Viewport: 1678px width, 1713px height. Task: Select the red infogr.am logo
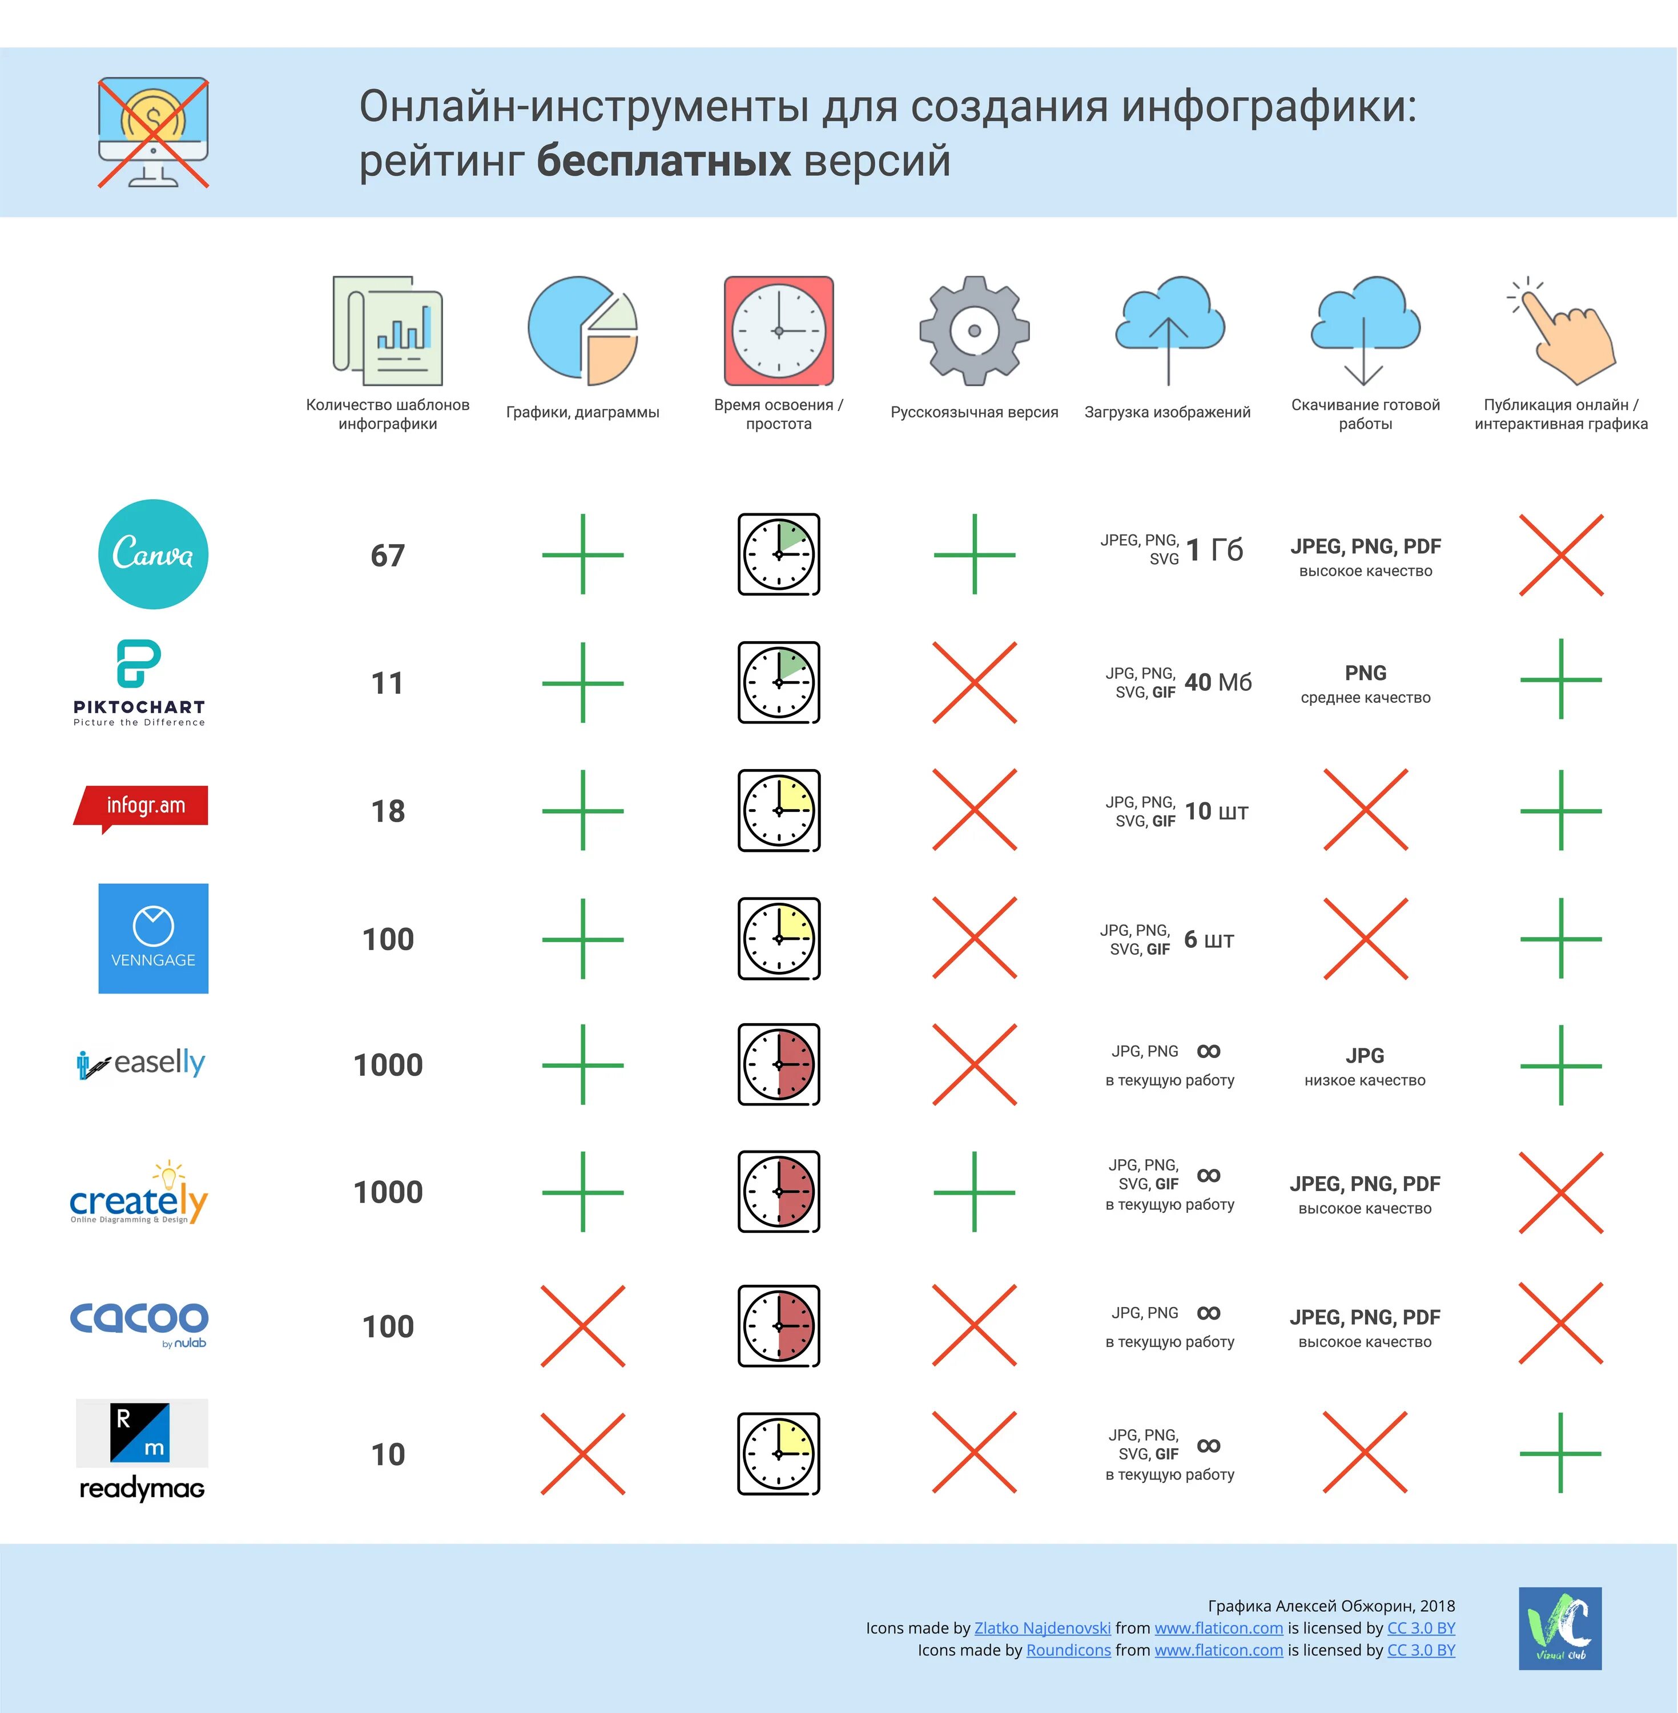142,806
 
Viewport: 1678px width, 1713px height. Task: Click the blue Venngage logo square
154,939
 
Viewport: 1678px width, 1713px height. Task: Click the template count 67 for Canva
388,555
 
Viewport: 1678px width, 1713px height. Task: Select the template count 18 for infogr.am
388,811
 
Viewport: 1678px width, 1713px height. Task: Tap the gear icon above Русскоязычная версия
974,331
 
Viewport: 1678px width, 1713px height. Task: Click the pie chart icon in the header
582,331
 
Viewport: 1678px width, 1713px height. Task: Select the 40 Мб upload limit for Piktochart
1218,682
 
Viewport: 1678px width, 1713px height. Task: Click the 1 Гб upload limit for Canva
1214,550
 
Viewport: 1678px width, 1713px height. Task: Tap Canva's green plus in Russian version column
974,555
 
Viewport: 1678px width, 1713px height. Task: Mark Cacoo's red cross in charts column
582,1326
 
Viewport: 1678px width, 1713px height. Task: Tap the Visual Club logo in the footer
1559,1628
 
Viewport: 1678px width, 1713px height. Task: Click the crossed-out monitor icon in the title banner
154,132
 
